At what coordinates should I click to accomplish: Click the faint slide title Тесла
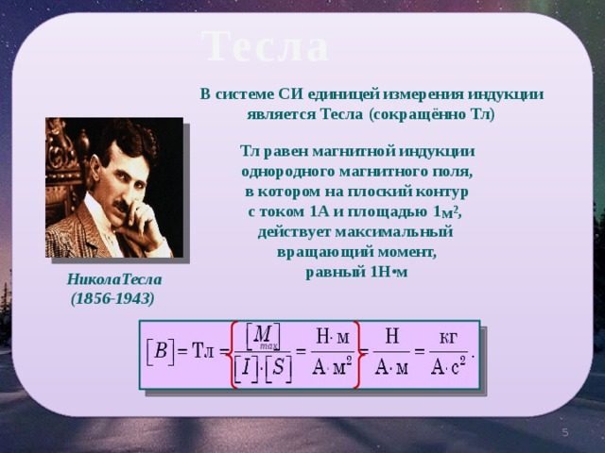(x=265, y=46)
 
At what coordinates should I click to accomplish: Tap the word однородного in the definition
(x=287, y=172)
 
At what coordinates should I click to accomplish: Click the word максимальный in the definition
(x=394, y=232)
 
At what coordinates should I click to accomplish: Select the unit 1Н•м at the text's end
(x=389, y=272)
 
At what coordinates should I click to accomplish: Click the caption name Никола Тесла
(x=114, y=279)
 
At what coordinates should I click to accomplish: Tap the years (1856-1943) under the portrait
(x=112, y=298)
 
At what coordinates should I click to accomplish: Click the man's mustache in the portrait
(x=123, y=205)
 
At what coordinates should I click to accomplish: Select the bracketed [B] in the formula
(x=160, y=351)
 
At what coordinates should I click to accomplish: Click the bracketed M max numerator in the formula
(x=264, y=336)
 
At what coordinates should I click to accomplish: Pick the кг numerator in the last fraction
(x=448, y=338)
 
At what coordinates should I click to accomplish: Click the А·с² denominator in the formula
(x=448, y=366)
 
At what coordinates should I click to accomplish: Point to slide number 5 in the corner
(x=565, y=432)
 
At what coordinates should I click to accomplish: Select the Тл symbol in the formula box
(x=203, y=350)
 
